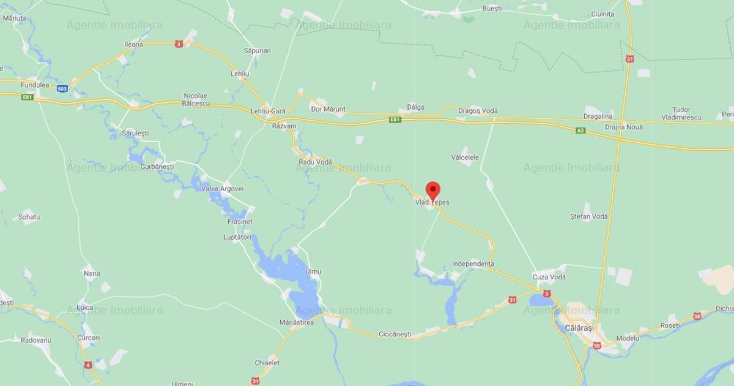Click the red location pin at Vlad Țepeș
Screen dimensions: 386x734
point(433,190)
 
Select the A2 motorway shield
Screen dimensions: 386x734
point(580,131)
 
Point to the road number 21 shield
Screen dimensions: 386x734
point(630,59)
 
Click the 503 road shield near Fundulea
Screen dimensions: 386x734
point(62,89)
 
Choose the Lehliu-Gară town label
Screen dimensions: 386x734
point(268,112)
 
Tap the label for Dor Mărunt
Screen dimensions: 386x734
point(328,110)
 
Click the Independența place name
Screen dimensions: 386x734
point(473,264)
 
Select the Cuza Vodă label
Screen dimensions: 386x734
point(549,278)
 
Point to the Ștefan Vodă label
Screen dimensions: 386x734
point(589,216)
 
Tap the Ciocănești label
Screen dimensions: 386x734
point(395,335)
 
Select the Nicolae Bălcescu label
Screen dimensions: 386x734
point(196,99)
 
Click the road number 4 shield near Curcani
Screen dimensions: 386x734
point(89,365)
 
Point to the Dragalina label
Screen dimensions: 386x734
point(598,116)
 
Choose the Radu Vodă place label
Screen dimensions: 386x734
point(315,162)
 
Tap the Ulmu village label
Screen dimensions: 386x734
point(314,271)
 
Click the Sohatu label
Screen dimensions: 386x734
point(29,217)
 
